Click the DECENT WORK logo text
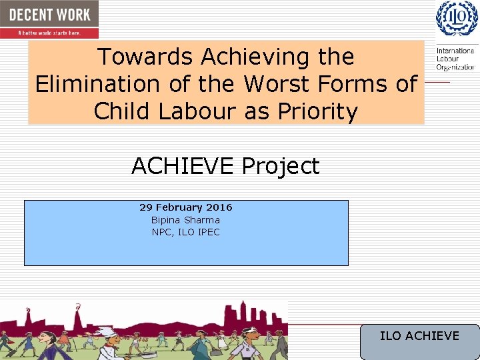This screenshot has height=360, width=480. pos(49,14)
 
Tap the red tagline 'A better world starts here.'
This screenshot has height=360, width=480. pos(49,32)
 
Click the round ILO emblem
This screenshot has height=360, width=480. pos(457,18)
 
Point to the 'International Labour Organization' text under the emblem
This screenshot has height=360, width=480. pos(455,59)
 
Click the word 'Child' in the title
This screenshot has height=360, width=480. pos(121,111)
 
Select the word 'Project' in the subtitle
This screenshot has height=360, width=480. pos(281,166)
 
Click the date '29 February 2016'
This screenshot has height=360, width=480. pos(185,207)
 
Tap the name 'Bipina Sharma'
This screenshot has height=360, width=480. pos(185,220)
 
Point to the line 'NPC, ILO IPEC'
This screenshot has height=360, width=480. pos(185,232)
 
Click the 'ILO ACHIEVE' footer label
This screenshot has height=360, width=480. pos(419,335)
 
